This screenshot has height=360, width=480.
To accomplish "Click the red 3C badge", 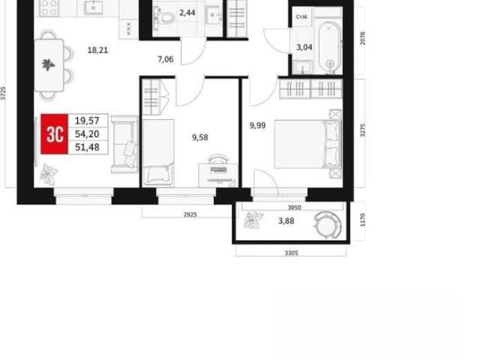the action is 54,133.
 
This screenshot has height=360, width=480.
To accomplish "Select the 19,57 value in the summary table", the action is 87,121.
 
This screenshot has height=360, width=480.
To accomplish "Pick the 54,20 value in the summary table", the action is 87,134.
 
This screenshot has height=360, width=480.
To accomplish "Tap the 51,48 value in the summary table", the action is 87,147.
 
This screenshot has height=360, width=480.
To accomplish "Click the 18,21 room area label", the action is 98,50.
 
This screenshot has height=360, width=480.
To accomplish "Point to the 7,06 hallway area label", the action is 166,59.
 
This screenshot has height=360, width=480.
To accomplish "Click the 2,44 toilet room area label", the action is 187,13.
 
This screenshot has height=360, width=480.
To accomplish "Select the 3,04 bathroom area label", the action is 304,47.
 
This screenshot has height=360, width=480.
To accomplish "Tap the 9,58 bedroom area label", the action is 200,137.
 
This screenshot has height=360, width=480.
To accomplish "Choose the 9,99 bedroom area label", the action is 257,125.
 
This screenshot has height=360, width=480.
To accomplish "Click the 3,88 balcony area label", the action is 286,220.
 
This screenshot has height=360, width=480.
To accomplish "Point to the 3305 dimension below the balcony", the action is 292,253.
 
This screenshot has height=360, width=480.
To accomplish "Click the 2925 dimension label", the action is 190,215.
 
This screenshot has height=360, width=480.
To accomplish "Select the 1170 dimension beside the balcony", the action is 363,220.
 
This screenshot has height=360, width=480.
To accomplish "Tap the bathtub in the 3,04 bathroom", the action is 330,47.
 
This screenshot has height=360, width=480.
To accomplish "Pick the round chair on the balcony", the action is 327,225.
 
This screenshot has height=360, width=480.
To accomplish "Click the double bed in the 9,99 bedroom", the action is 307,144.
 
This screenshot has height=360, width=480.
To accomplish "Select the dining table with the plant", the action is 49,65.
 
